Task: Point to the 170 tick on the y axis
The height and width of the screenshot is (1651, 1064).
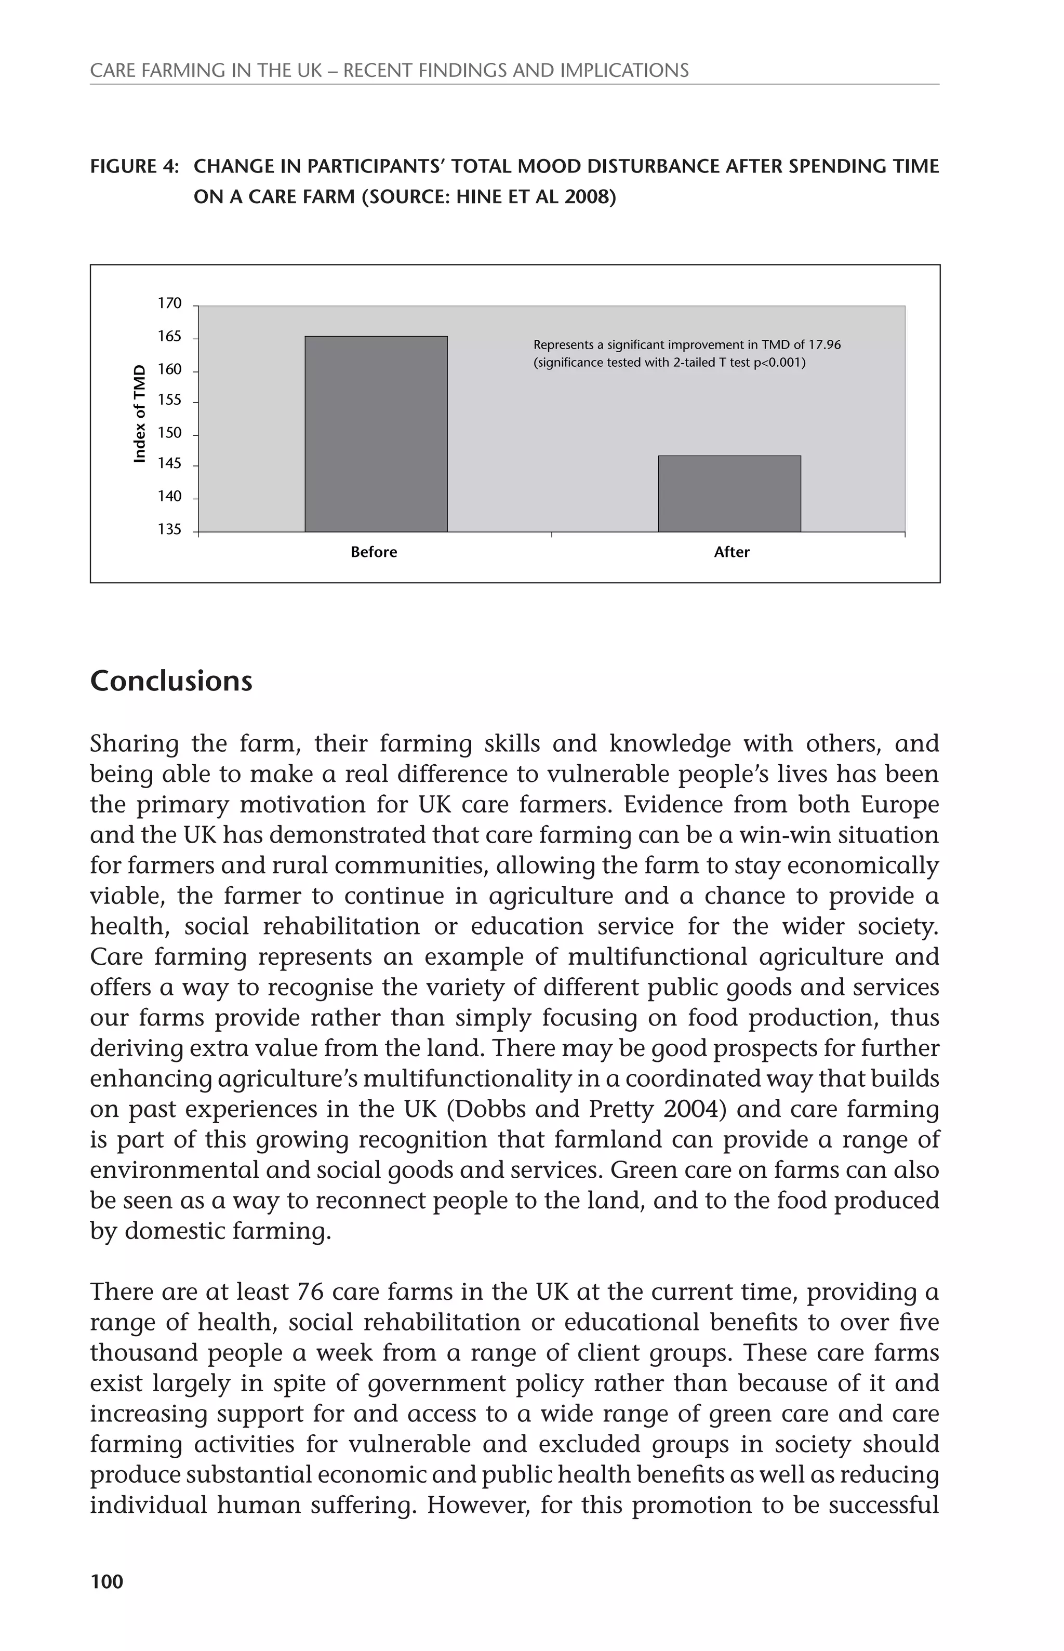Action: [169, 304]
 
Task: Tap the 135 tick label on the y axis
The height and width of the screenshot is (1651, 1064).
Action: [169, 530]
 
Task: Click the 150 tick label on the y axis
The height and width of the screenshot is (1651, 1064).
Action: [169, 433]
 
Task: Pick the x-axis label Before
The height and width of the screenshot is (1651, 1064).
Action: [374, 552]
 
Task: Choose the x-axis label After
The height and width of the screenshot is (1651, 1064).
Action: [731, 552]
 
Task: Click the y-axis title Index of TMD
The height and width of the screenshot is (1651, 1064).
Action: [140, 413]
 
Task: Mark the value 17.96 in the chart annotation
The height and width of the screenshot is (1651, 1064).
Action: [825, 345]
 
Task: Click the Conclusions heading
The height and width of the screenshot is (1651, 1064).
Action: [171, 681]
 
